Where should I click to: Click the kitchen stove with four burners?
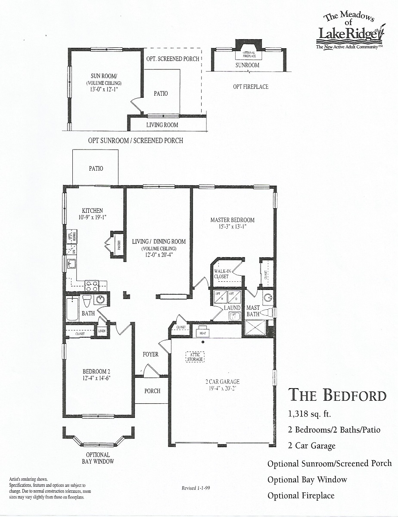pyautogui.click(x=91, y=286)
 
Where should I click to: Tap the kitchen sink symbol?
pyautogui.click(x=71, y=263)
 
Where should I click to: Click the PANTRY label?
pyautogui.click(x=118, y=245)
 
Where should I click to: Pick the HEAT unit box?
pyautogui.click(x=202, y=332)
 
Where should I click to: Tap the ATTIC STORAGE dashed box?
pyautogui.click(x=195, y=356)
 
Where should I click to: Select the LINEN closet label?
pyautogui.click(x=102, y=331)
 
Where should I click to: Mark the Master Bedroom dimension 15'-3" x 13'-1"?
pyautogui.click(x=233, y=226)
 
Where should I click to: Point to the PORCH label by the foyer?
pyautogui.click(x=152, y=391)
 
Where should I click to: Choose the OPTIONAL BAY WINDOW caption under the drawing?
pyautogui.click(x=98, y=458)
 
